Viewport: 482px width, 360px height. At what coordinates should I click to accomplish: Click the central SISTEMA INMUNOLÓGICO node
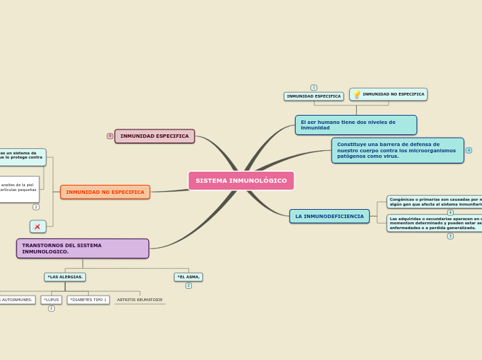coord(241,181)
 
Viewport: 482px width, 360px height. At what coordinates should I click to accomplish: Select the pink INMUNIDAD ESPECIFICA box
coord(154,136)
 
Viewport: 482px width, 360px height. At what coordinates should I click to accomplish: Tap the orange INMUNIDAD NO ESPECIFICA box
coord(105,192)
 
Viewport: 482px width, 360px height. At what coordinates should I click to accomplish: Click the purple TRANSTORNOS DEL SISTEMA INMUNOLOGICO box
coord(82,249)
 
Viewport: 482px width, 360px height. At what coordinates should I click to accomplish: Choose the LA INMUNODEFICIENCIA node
coord(329,217)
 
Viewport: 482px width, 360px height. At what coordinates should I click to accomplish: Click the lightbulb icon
coord(357,95)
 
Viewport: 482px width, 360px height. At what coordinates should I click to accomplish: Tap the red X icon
coord(37,227)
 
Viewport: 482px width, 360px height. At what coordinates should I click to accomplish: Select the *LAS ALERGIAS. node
coord(65,277)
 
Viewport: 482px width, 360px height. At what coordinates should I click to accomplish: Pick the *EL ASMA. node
coord(188,277)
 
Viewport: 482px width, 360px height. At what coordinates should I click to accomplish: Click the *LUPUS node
coord(51,300)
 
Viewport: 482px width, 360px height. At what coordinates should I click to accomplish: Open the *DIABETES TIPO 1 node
coord(88,300)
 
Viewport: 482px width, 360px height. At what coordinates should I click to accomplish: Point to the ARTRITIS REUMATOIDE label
coord(140,300)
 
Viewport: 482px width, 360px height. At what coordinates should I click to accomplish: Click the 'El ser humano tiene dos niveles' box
coord(355,125)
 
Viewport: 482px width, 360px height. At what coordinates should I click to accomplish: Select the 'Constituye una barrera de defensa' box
coord(398,150)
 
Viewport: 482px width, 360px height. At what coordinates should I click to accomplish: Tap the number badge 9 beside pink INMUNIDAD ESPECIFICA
coord(110,136)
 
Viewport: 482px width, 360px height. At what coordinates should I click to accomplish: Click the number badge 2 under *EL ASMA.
coord(188,285)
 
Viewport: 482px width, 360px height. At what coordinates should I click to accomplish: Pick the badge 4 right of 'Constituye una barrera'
coord(469,150)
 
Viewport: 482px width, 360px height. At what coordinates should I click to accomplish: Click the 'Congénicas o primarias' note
coord(435,201)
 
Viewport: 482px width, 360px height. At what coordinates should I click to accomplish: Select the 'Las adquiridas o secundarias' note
coord(435,223)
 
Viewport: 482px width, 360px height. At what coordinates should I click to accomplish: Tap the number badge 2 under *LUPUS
coord(51,308)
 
